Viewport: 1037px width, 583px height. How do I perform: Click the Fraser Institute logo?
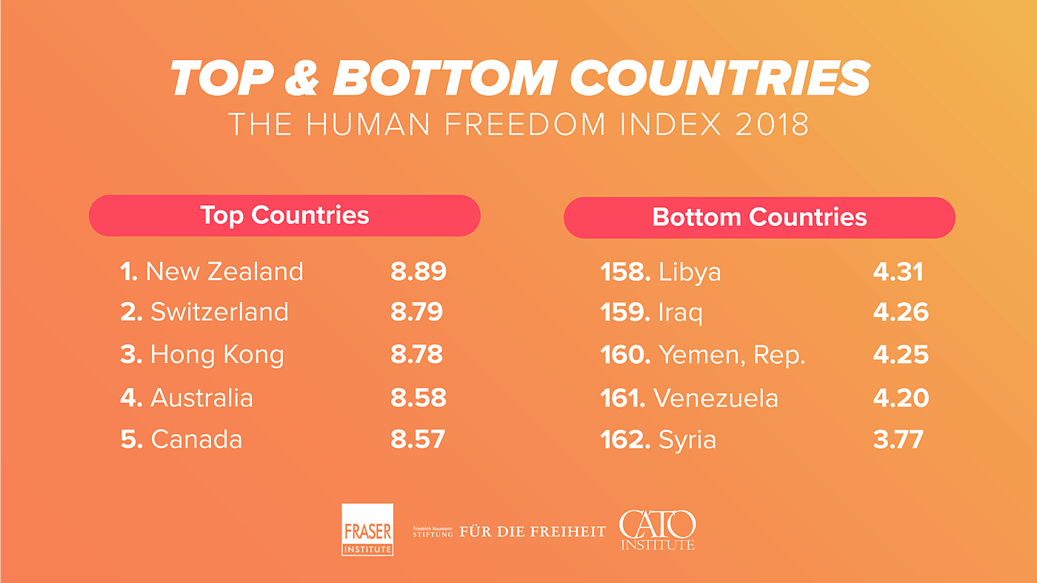[x=367, y=530]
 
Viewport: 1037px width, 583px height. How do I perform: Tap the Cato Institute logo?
[x=657, y=530]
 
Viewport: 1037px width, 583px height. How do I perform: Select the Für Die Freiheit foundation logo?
[x=509, y=531]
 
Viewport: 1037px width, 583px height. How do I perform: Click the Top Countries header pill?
[x=284, y=216]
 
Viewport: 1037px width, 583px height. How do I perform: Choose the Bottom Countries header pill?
[x=759, y=217]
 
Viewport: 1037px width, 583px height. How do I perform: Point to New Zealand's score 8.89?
[x=419, y=271]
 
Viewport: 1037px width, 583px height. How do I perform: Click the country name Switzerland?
[x=219, y=311]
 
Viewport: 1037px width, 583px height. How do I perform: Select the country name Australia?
[x=201, y=398]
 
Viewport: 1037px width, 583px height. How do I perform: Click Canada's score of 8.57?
[x=418, y=439]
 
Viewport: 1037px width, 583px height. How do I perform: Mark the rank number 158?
[x=625, y=272]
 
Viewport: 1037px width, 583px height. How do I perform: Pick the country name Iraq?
[x=680, y=313]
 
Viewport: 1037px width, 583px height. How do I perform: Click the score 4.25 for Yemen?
[x=901, y=354]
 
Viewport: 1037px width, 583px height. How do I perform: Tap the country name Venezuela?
[x=716, y=399]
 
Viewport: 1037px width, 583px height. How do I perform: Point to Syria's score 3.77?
[x=898, y=440]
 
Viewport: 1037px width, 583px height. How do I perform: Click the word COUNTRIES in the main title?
[x=720, y=77]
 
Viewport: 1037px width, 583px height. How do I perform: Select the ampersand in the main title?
[x=301, y=77]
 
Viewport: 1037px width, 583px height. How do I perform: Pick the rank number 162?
[x=625, y=440]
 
